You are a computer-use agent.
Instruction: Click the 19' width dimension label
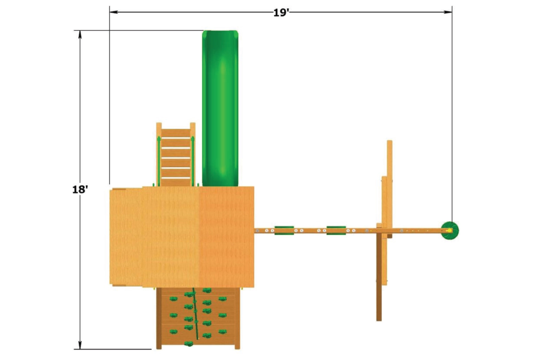click(281, 13)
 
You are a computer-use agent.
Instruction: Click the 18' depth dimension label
click(80, 190)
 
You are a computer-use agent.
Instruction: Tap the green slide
click(220, 108)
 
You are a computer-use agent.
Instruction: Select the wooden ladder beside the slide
click(176, 154)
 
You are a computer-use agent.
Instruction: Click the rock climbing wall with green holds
click(198, 318)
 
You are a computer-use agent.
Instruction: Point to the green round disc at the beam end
click(450, 231)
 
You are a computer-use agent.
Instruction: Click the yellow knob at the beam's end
click(449, 231)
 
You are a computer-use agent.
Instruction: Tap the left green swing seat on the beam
click(284, 230)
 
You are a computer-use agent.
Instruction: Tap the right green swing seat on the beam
click(336, 230)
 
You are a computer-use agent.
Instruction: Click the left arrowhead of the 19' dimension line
click(114, 12)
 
